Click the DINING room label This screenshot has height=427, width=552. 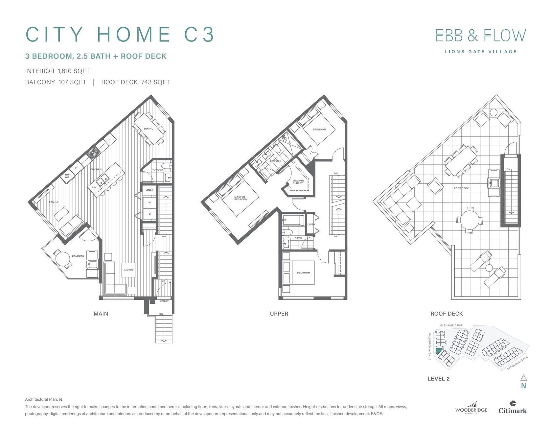pyautogui.click(x=149, y=129)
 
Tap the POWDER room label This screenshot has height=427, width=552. pyautogui.click(x=157, y=170)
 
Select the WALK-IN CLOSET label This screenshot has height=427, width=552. pyautogui.click(x=298, y=182)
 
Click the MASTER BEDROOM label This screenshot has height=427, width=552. pyautogui.click(x=241, y=198)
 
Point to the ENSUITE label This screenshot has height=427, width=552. pyautogui.click(x=275, y=161)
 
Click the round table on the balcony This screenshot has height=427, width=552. pyautogui.click(x=63, y=260)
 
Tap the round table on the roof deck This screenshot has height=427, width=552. pyautogui.click(x=470, y=220)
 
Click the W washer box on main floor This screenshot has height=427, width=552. pyautogui.click(x=149, y=202)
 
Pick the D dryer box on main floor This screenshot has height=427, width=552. pyautogui.click(x=149, y=214)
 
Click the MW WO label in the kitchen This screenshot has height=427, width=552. pyautogui.click(x=67, y=176)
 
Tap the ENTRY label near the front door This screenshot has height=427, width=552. pyautogui.click(x=164, y=301)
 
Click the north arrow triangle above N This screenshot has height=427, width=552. pyautogui.click(x=524, y=377)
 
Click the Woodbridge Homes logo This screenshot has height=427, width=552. pyautogui.click(x=471, y=408)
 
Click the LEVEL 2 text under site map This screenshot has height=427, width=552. pyautogui.click(x=438, y=379)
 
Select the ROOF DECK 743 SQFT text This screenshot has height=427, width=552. pyautogui.click(x=135, y=82)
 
